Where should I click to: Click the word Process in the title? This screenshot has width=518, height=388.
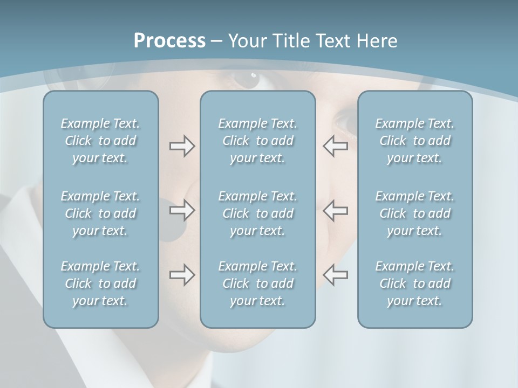point(169,41)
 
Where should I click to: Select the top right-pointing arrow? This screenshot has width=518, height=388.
point(182,146)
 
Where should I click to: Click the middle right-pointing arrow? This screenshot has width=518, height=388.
point(182,210)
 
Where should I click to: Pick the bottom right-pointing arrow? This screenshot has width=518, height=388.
point(182,275)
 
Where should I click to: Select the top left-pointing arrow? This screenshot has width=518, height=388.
point(336,146)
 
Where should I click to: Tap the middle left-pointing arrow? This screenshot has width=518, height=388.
point(336,210)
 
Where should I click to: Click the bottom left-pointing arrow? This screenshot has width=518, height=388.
point(336,275)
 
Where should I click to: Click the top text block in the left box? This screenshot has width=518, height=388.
point(100,141)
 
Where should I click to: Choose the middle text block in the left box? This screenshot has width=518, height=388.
point(100,213)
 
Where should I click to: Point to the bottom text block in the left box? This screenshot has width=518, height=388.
point(100,283)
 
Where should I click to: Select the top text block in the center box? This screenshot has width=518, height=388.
point(257,141)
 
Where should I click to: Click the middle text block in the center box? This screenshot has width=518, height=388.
point(257,213)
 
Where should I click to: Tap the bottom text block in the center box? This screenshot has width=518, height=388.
point(257,283)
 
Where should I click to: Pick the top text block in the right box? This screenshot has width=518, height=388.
point(415,141)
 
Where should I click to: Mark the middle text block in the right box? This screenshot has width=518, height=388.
point(415,213)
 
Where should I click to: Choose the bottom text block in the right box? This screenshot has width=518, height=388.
point(415,283)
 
